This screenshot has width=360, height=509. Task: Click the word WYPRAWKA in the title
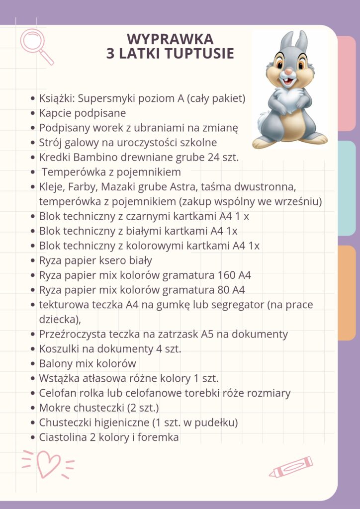(170, 39)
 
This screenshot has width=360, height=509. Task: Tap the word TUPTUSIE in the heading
(202, 54)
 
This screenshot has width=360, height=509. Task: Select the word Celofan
(58, 393)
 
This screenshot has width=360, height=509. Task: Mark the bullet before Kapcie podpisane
(33, 113)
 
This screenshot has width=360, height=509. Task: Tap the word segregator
(236, 304)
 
